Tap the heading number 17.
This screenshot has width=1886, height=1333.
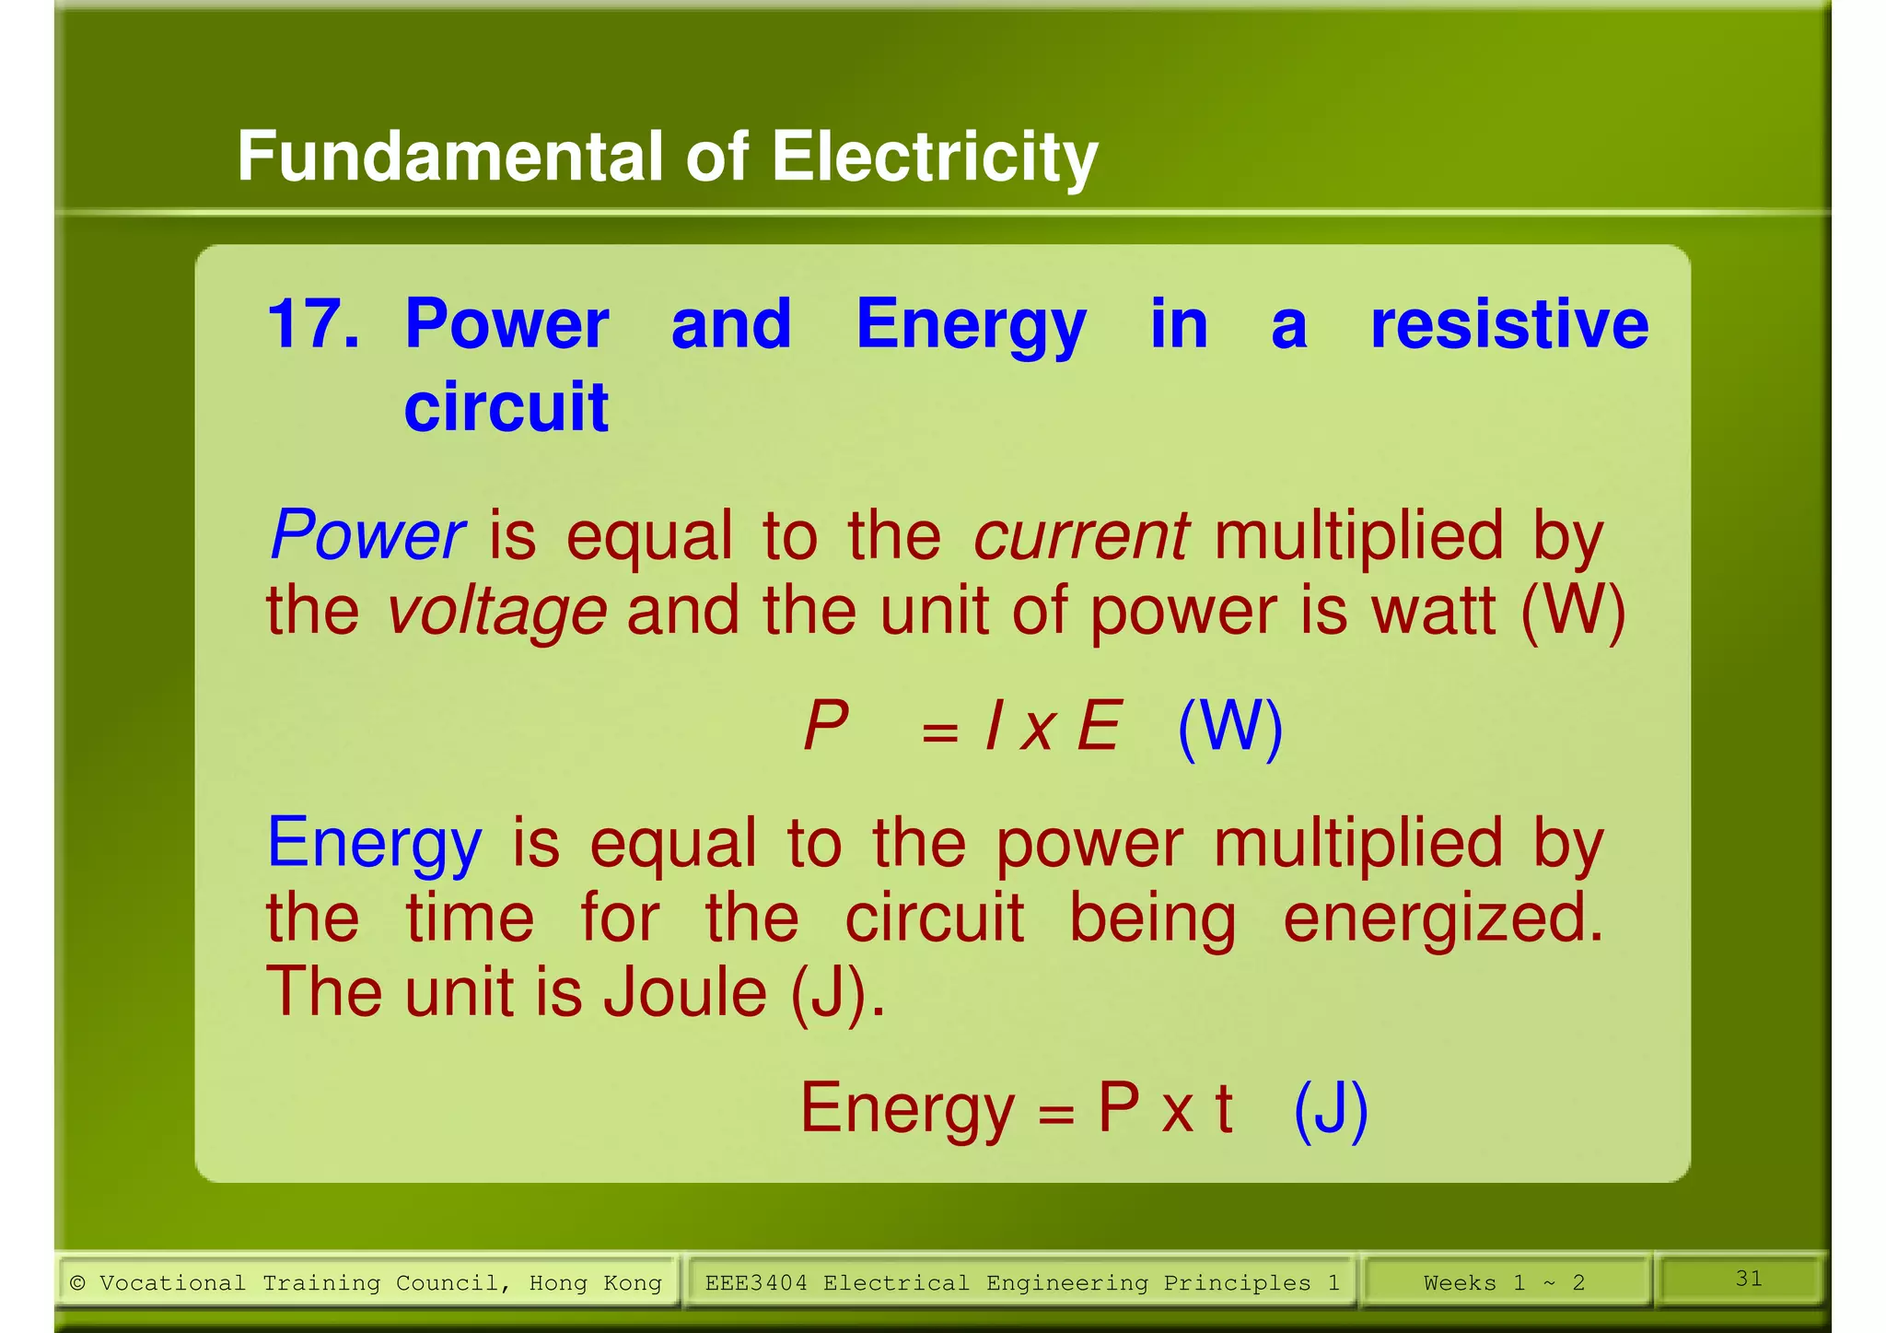tap(312, 324)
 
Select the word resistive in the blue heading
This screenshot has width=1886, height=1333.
tap(1508, 324)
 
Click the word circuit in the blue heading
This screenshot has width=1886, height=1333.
tap(506, 406)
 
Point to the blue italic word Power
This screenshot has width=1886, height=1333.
tap(367, 535)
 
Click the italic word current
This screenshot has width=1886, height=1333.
tap(1081, 535)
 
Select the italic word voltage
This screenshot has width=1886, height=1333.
tap(495, 611)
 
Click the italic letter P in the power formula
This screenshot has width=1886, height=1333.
tap(825, 727)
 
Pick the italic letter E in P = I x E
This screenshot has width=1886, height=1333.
tap(1099, 727)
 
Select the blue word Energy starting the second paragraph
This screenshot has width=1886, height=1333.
tap(374, 843)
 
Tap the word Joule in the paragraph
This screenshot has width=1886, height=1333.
tap(684, 992)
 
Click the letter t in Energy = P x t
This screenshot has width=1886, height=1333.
tap(1223, 1108)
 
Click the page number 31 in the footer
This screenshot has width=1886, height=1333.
tap(1748, 1279)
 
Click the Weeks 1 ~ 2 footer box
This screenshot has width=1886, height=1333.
tap(1503, 1282)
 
